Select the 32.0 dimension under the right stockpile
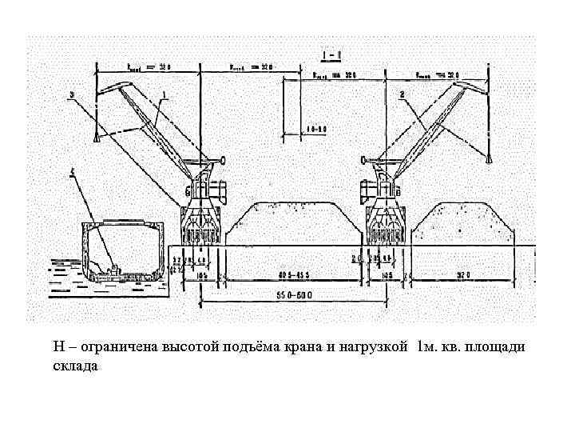click(x=462, y=274)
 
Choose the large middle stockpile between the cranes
click(x=291, y=219)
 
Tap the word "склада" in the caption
click(x=75, y=366)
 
